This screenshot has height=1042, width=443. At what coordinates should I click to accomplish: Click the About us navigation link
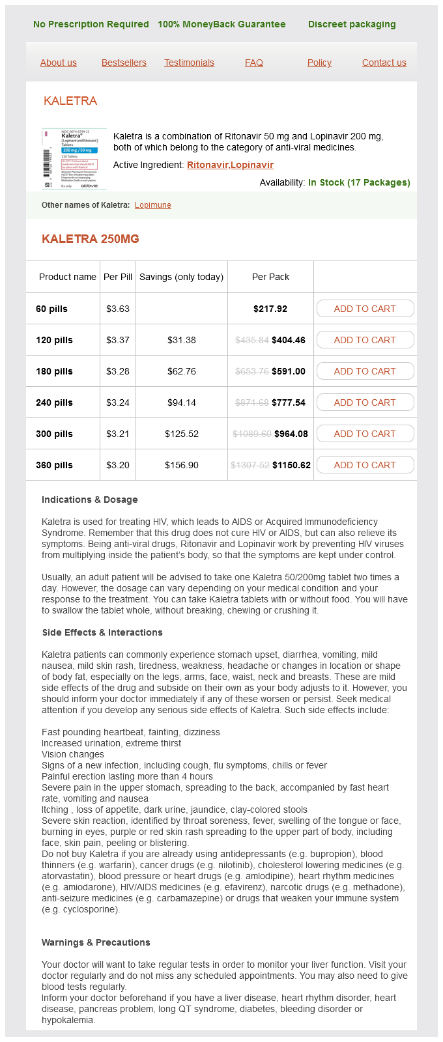click(59, 63)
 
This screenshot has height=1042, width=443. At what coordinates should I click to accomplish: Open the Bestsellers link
click(124, 63)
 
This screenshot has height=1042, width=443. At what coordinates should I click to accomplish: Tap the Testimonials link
click(189, 63)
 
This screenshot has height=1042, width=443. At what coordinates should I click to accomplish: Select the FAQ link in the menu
click(254, 63)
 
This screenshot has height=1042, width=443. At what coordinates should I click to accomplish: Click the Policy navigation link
click(319, 63)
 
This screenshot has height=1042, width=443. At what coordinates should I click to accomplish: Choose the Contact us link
click(384, 63)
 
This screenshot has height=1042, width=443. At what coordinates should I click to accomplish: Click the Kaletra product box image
click(74, 158)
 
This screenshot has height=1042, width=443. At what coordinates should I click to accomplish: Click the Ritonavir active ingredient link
click(208, 165)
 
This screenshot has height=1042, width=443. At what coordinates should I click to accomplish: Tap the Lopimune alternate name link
click(153, 205)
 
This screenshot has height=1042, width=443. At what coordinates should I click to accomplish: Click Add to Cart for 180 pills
click(365, 371)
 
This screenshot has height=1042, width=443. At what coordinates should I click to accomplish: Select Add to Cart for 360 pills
click(365, 465)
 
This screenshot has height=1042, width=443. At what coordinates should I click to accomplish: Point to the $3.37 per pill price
click(118, 340)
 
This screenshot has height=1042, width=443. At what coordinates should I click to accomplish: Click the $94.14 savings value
click(182, 402)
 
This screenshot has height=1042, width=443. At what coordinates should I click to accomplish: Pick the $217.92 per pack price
click(270, 309)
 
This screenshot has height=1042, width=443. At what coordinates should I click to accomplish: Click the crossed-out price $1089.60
click(252, 434)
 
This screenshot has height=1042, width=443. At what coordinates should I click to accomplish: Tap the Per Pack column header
click(270, 277)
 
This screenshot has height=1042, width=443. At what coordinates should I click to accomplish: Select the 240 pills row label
click(54, 402)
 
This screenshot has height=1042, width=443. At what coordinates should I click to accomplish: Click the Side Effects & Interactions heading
click(102, 632)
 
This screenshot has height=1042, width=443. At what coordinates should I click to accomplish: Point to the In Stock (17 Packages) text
click(359, 182)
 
